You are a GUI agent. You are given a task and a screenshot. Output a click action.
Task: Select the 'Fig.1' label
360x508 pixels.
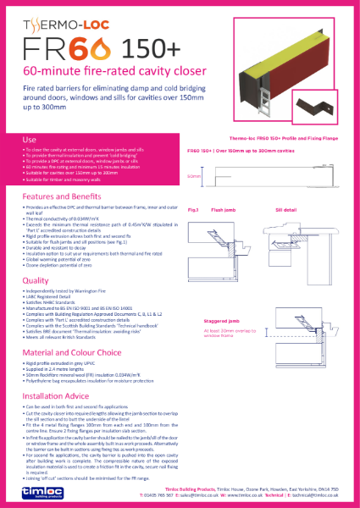tap(193, 207)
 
